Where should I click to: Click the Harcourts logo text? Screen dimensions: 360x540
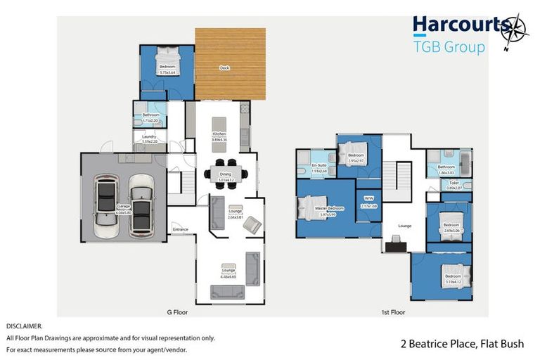point(459,25)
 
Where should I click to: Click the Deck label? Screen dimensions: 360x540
point(224,68)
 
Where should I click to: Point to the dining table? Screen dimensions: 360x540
point(225,173)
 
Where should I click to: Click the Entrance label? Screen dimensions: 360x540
point(180,229)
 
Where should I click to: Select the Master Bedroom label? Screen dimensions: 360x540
point(329,208)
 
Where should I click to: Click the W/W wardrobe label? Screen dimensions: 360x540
point(368,198)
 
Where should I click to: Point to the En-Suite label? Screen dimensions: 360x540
point(319,166)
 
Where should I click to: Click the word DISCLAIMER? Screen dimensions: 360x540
point(24,326)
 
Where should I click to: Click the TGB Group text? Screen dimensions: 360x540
point(449,47)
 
